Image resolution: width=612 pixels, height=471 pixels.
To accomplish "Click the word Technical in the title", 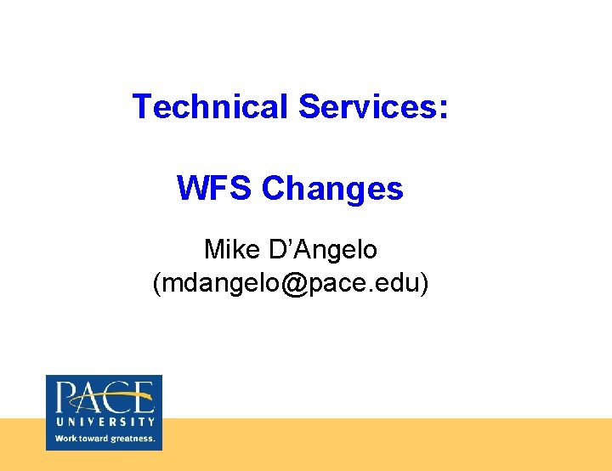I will (x=210, y=107).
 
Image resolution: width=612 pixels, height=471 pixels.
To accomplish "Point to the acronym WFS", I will (x=213, y=188).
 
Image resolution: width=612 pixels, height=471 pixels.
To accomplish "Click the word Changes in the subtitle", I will (x=332, y=189).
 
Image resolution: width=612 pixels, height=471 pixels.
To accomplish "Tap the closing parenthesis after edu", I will (x=424, y=284).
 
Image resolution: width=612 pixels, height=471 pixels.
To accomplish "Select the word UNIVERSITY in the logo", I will (x=105, y=421).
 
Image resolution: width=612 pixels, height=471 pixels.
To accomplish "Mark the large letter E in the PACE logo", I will (x=141, y=399).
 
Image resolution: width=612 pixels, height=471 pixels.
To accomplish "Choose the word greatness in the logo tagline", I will (x=133, y=440).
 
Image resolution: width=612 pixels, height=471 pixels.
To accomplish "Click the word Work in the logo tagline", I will (x=65, y=439).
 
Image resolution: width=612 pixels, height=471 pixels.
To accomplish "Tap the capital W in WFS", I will (x=192, y=188).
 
